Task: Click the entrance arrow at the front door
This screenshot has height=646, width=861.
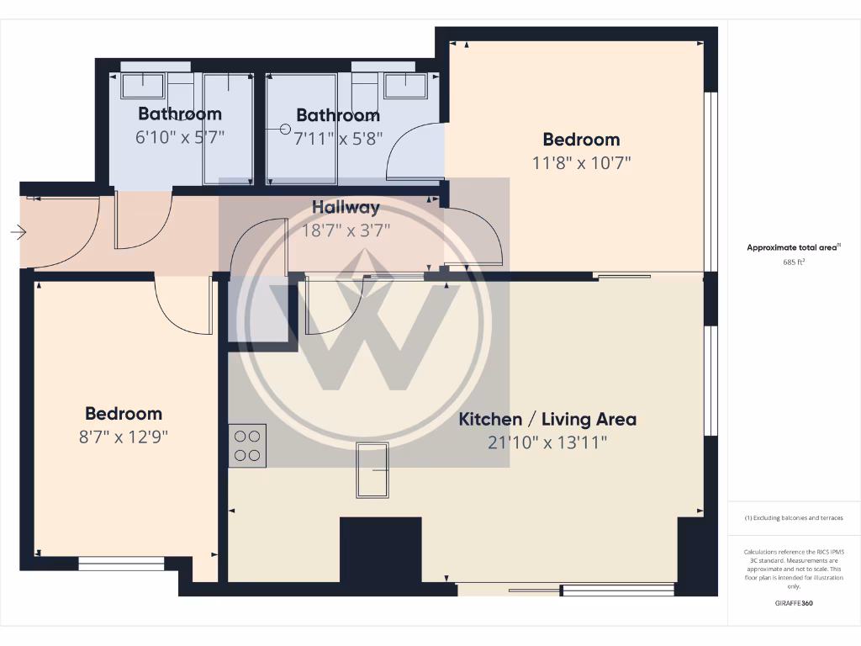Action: coord(18,231)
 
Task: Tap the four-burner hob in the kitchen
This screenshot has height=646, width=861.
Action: coord(247,446)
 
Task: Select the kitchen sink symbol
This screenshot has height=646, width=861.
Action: coord(372,471)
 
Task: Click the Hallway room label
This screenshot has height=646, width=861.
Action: coord(346,207)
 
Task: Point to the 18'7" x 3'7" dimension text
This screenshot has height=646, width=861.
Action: coord(346,230)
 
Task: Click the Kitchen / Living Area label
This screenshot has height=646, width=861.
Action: coord(547,419)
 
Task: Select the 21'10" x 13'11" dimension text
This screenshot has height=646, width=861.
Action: coord(547,442)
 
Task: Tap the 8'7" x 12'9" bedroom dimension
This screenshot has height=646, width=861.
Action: coord(124,437)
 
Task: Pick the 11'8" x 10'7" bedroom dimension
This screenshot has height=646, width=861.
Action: coord(581,162)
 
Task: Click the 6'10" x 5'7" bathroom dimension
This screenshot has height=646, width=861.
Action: coord(180,136)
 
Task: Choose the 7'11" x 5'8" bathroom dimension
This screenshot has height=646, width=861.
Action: coord(338,138)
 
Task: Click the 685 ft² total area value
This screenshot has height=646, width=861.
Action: coord(794,262)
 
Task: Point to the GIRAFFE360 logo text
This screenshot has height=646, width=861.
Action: coord(794,602)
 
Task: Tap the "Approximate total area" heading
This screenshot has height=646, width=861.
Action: coord(792,247)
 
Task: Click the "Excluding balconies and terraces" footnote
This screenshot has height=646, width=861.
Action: coord(794,518)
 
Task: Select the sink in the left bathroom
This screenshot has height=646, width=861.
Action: coord(143,85)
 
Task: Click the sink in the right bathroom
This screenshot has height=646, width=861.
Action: coord(405,85)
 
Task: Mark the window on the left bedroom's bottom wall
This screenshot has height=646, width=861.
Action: coord(122,564)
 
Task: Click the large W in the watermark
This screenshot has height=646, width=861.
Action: coord(363,336)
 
